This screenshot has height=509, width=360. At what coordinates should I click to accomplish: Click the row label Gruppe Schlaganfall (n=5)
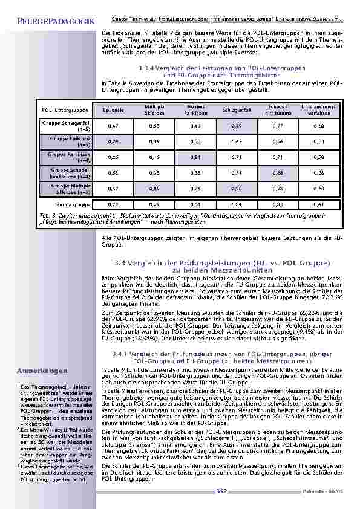[67, 126]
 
